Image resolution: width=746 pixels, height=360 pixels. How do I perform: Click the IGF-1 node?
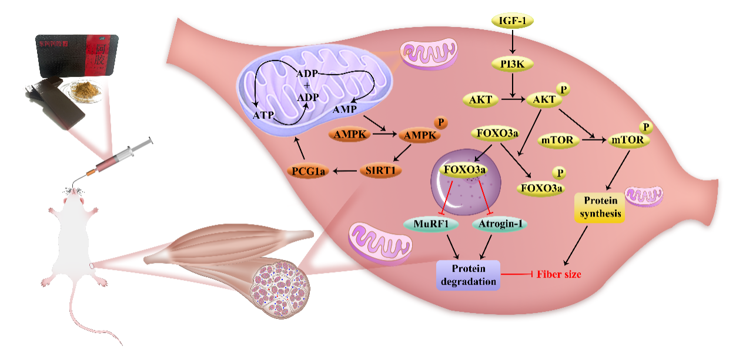513,22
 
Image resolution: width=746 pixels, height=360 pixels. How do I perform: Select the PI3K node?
513,64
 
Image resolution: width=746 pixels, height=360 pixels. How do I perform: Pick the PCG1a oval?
309,171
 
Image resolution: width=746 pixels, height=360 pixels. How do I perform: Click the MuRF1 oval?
427,224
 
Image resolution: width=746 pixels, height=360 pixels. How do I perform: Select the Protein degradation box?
468,275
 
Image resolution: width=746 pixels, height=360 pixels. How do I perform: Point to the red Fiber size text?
562,275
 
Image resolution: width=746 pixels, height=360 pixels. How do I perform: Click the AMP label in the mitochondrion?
343,110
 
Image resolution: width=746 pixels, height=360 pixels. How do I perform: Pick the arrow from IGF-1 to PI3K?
513,42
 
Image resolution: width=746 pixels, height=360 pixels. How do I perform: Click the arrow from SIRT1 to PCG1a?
346,171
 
